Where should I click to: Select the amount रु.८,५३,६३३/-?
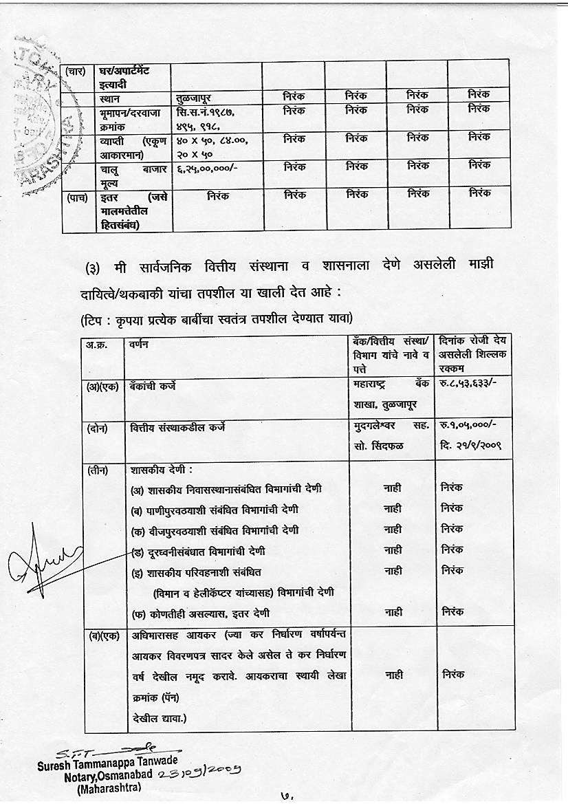pos(466,387)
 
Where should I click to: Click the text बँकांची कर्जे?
pos(153,387)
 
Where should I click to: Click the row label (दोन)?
pos(96,428)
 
